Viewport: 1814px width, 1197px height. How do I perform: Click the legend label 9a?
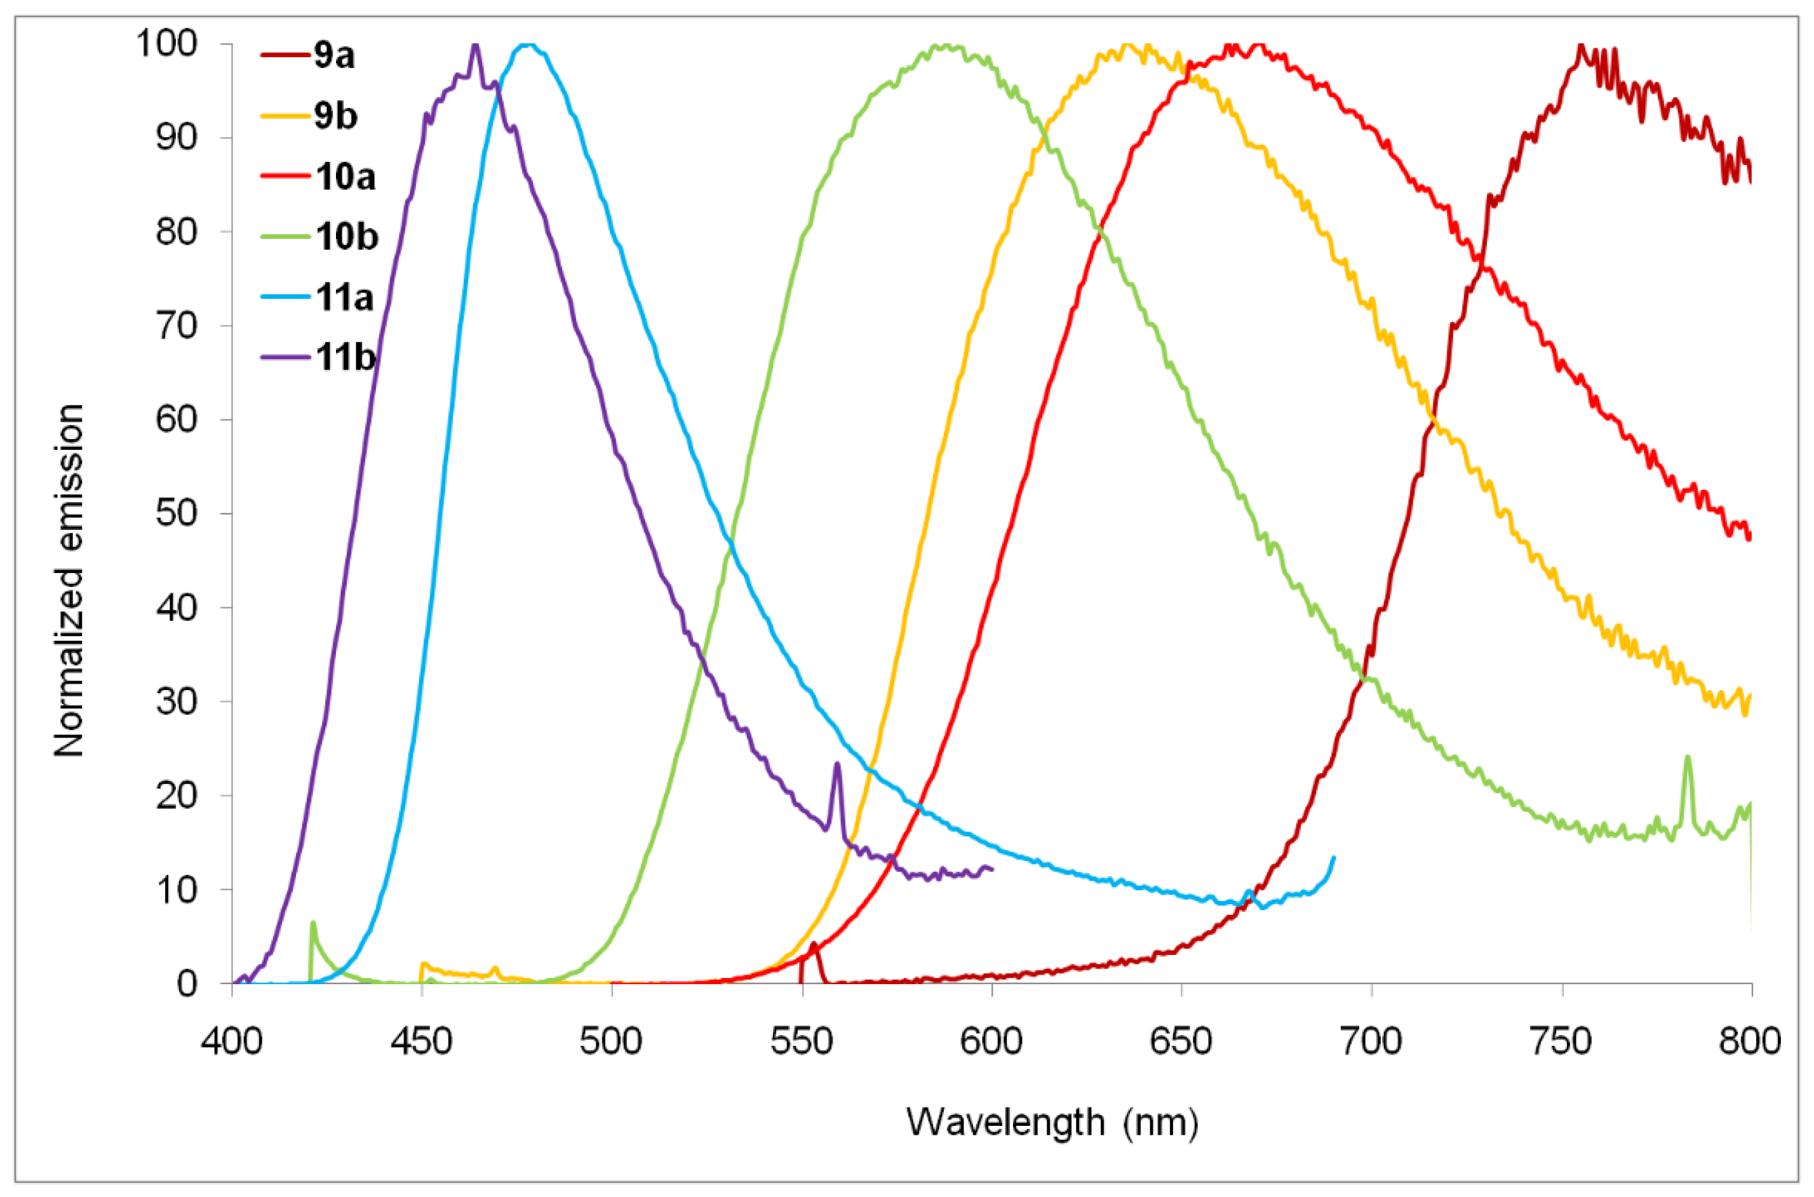[334, 57]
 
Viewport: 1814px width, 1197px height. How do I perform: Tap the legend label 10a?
[345, 177]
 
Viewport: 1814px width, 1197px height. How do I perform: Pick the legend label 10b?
[346, 236]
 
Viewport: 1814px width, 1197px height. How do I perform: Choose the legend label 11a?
[345, 297]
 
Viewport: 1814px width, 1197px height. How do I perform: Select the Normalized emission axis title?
[69, 580]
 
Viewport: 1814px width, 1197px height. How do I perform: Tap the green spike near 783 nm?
[1688, 757]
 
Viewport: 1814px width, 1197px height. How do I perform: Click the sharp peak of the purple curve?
[476, 46]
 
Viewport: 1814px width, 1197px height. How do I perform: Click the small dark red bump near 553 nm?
[814, 945]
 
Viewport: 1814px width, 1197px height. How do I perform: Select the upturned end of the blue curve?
[1333, 859]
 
